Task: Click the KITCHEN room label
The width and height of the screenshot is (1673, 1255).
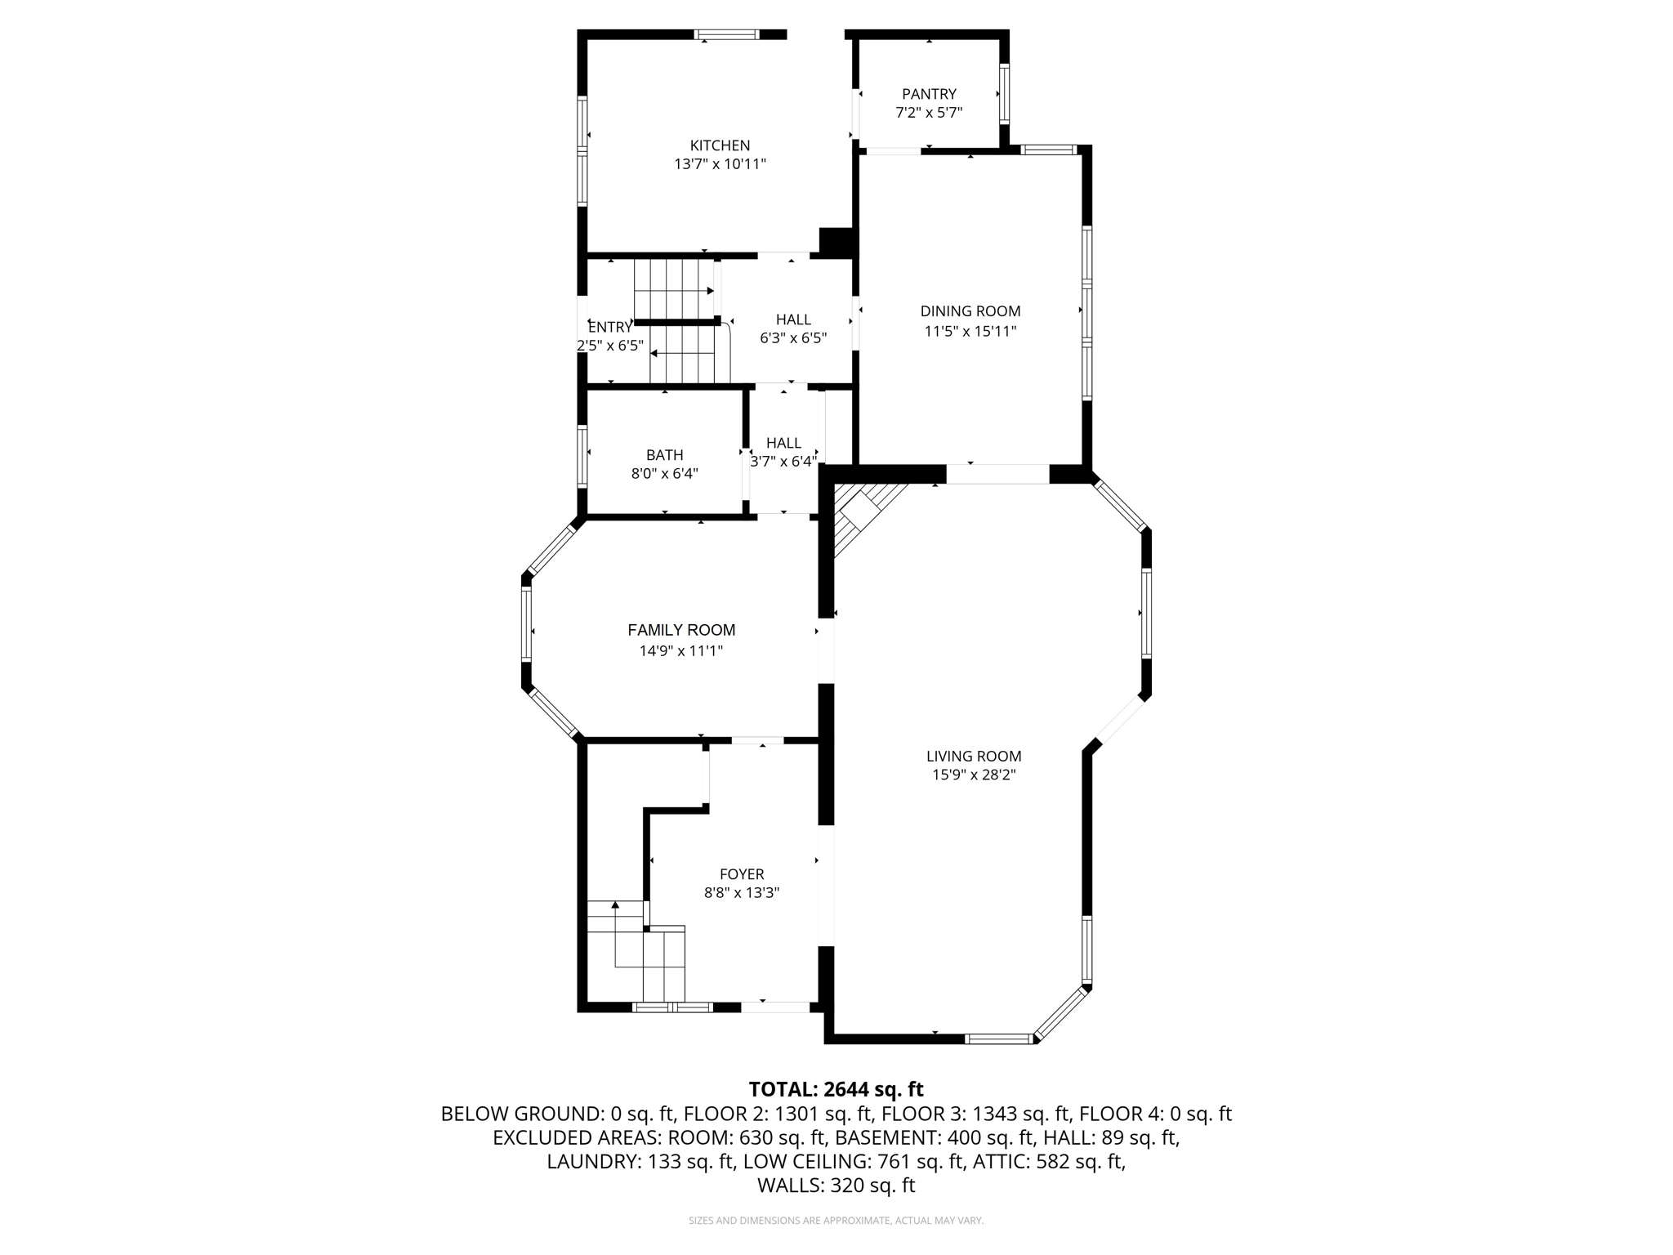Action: click(x=720, y=145)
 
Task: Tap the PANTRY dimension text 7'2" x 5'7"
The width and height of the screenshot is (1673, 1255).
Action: click(x=929, y=113)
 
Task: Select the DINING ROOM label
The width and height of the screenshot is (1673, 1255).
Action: click(x=970, y=311)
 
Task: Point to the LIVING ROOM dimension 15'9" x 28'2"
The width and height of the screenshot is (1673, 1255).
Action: click(x=974, y=775)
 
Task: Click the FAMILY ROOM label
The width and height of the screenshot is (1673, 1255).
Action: click(x=681, y=630)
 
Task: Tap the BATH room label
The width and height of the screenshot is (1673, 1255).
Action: click(x=664, y=455)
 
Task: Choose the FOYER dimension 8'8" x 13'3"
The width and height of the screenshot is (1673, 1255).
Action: click(x=742, y=893)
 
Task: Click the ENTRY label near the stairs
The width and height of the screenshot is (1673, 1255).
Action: click(x=610, y=327)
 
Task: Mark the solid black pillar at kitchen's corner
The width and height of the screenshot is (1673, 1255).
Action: click(x=836, y=242)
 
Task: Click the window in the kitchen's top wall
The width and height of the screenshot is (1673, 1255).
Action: click(x=726, y=34)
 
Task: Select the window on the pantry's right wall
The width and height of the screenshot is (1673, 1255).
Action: click(x=1004, y=94)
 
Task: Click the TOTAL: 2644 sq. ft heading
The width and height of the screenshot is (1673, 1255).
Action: click(x=836, y=1089)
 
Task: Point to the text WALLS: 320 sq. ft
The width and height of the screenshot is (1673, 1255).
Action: click(x=836, y=1186)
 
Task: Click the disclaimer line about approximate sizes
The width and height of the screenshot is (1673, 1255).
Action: click(x=836, y=1221)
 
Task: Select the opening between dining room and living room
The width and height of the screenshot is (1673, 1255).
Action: click(x=997, y=474)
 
